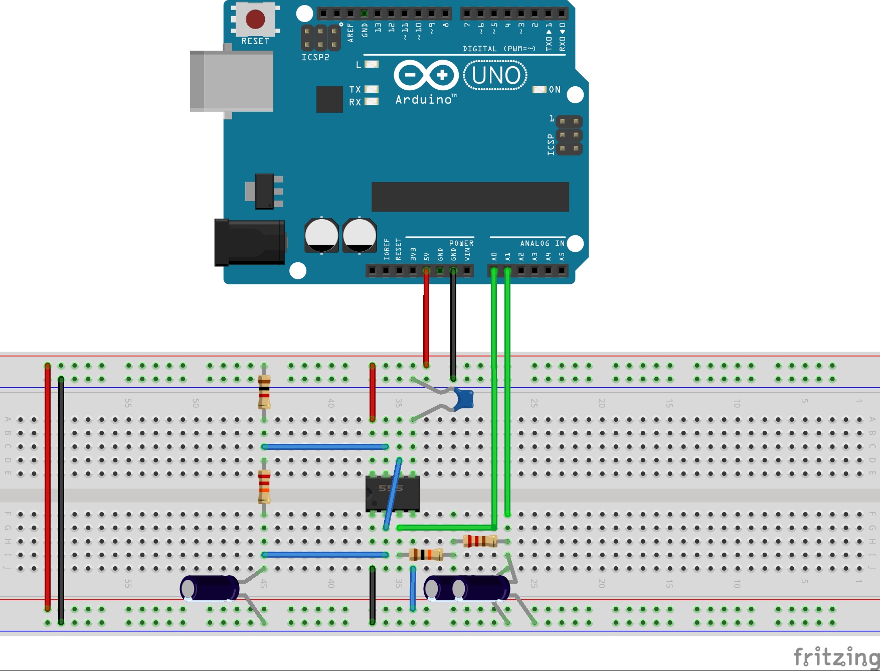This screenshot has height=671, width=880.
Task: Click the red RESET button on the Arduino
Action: [x=255, y=19]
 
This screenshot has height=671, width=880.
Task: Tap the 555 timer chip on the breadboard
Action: [x=392, y=492]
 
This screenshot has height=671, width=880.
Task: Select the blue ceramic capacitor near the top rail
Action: [x=464, y=399]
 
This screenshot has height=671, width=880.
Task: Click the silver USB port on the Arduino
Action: [x=232, y=81]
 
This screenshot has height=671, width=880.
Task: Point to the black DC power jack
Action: [x=249, y=243]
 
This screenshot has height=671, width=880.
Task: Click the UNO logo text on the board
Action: [x=495, y=76]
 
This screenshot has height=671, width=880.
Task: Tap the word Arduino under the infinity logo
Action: [x=424, y=100]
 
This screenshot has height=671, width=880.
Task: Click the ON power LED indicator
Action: [x=539, y=89]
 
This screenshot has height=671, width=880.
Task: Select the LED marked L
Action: [x=372, y=64]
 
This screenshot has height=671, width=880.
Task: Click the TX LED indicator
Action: [x=372, y=89]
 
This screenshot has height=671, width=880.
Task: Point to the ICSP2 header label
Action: [x=315, y=58]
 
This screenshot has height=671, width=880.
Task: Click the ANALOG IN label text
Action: [x=542, y=243]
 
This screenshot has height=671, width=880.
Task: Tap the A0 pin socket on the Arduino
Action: [x=494, y=271]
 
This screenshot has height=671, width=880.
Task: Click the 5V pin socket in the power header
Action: [x=426, y=271]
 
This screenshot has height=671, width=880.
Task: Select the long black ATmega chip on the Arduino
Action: [x=470, y=197]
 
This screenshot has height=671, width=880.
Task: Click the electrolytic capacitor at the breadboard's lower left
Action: [x=210, y=588]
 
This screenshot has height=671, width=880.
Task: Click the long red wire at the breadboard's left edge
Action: [x=48, y=486]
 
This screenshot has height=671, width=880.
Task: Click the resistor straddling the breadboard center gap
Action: [x=264, y=486]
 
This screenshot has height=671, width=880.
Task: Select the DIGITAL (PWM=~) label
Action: [x=499, y=49]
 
